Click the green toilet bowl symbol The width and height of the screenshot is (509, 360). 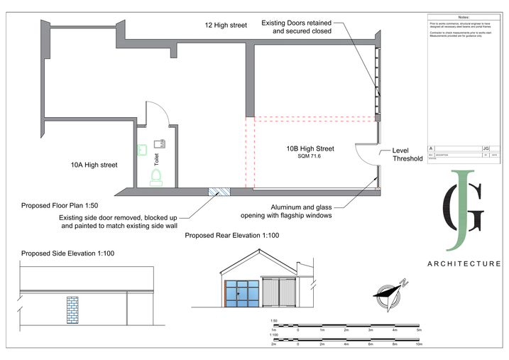156,175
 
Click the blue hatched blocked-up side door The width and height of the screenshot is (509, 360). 219,191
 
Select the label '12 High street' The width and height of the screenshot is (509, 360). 226,26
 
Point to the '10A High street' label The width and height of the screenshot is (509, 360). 94,165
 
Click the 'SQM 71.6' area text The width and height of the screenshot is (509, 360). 310,156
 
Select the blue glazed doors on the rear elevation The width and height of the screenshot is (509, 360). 241,293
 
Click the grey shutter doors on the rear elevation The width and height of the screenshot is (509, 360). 277,293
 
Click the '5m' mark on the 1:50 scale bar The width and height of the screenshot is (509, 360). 419,331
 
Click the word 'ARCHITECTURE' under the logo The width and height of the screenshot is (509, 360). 464,263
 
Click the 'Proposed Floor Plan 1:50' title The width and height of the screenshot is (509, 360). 59,205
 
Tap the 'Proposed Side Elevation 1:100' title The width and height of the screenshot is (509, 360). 67,253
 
